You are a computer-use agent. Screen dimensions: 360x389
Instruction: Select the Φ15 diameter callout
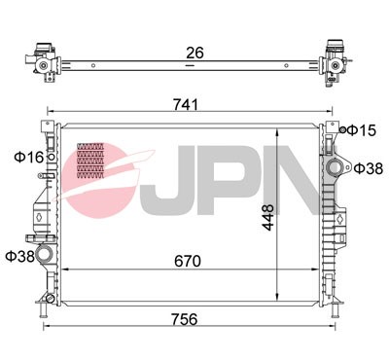[x=363, y=129]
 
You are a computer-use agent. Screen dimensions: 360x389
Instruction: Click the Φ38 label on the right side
[x=368, y=168]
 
